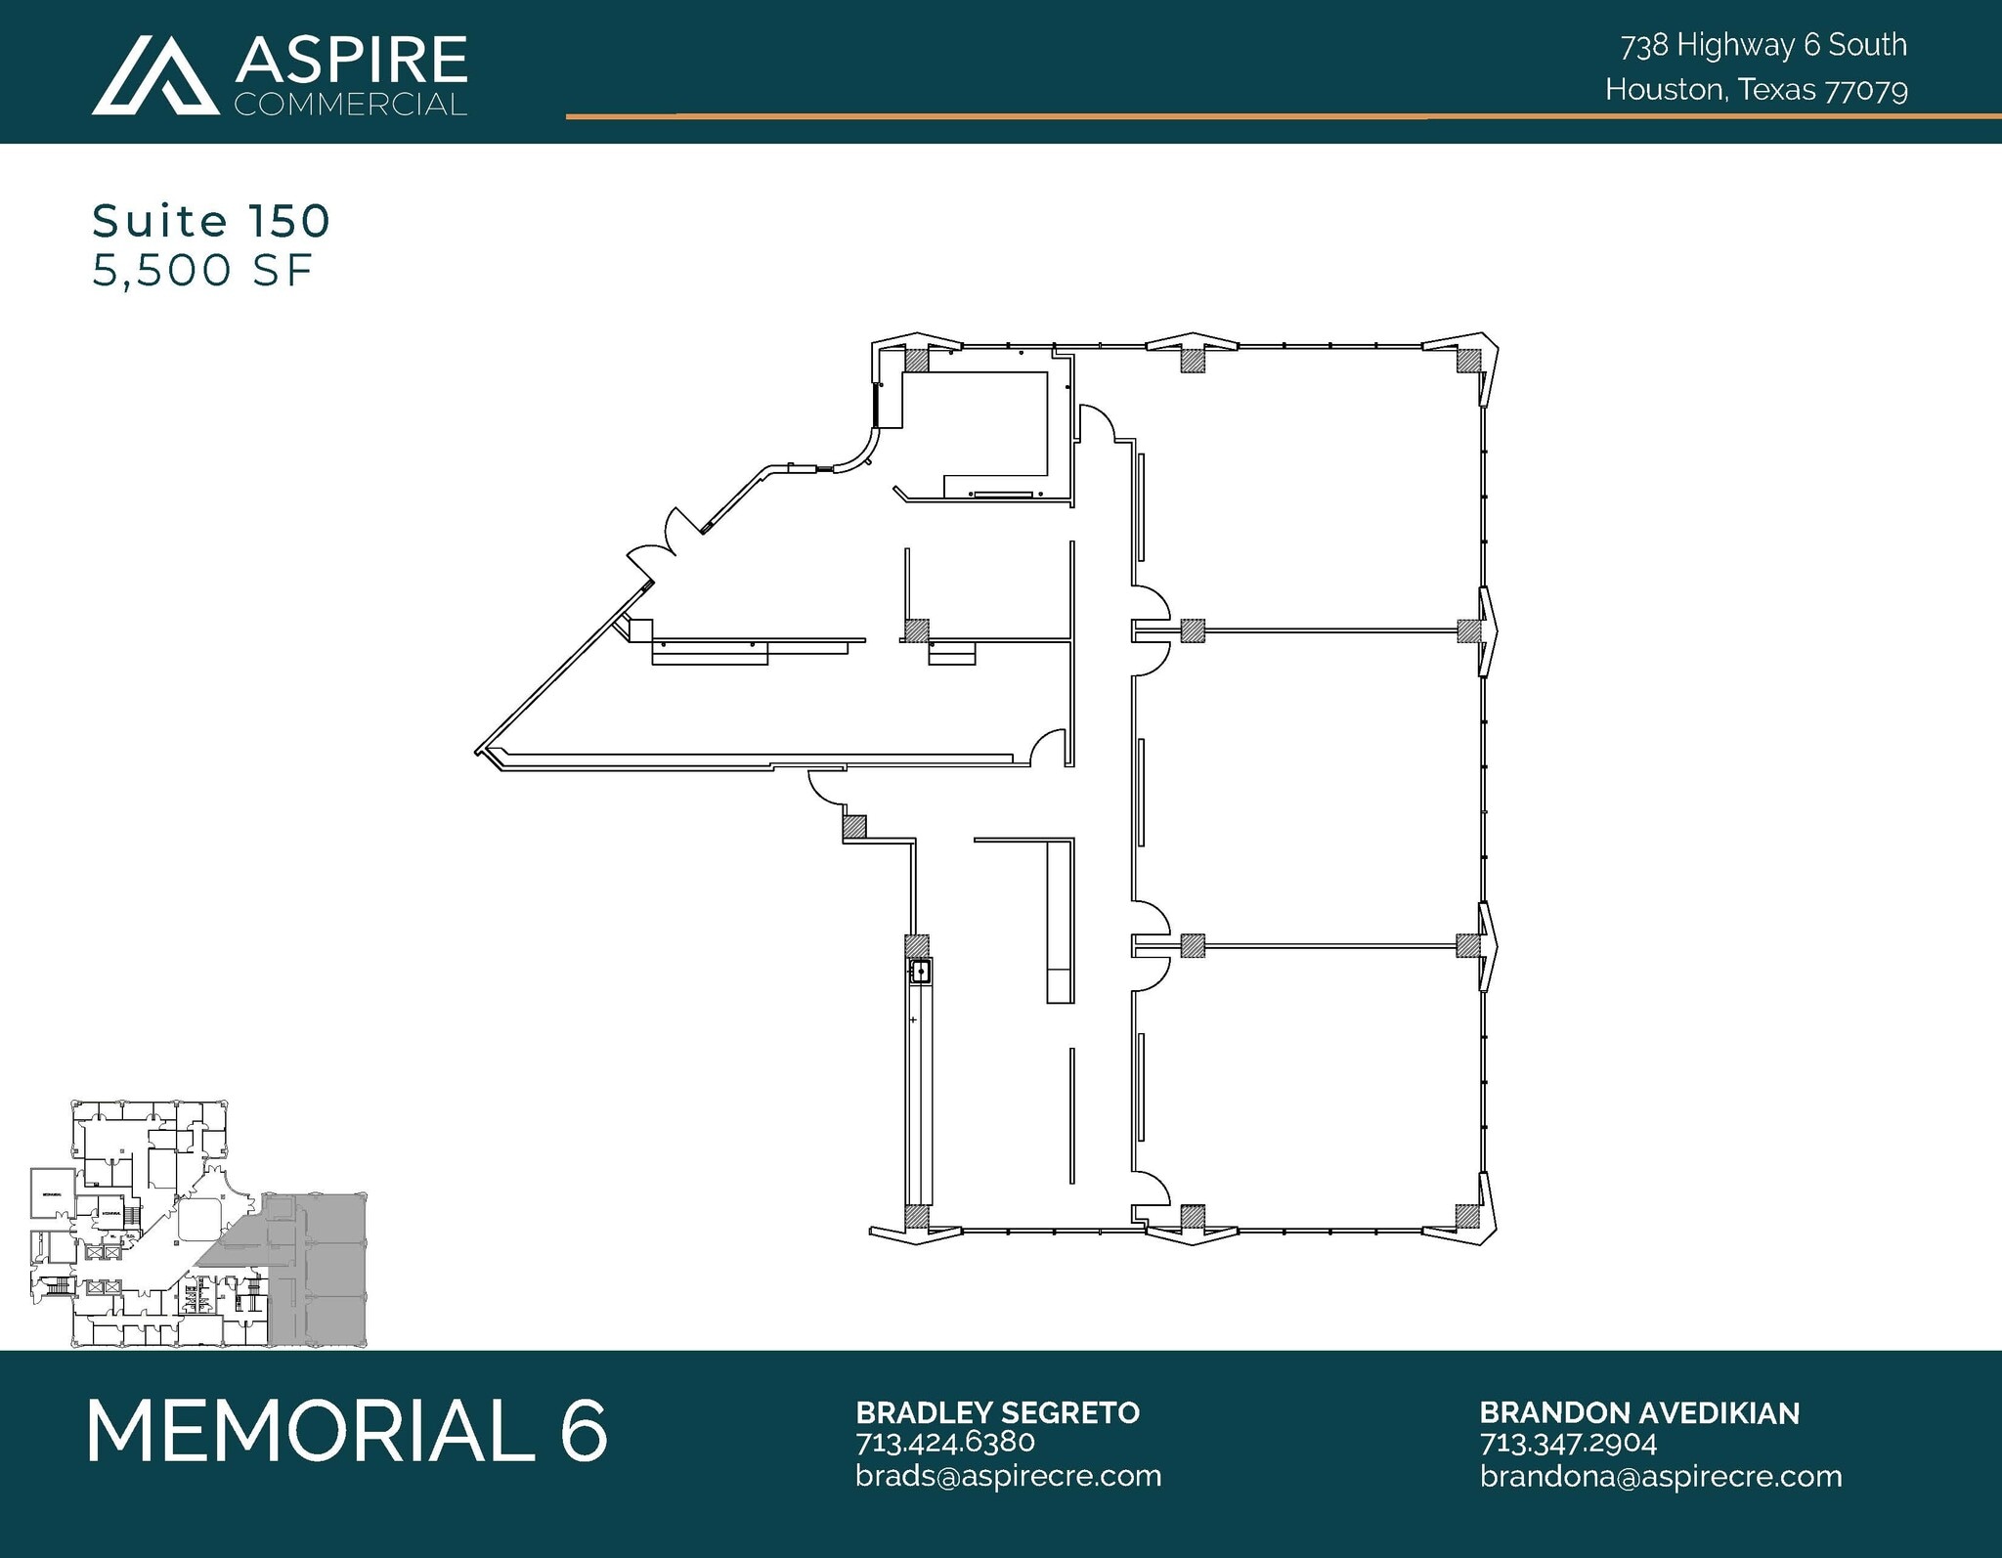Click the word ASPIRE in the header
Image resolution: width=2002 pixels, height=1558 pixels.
pos(351,61)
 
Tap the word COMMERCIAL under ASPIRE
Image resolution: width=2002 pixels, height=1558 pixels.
pos(351,105)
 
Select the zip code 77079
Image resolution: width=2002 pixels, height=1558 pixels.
pos(1866,91)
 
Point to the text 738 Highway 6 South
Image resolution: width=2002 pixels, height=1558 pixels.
pos(1763,45)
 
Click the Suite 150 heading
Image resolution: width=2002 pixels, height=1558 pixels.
pos(211,222)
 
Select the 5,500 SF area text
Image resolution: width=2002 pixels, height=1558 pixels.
pos(202,271)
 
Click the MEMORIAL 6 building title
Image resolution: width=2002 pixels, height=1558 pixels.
pos(347,1431)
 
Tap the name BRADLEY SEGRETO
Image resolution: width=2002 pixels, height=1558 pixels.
pos(997,1412)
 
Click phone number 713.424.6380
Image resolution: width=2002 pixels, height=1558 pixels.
pos(944,1443)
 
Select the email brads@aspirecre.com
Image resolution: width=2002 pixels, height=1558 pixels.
pos(1008,1475)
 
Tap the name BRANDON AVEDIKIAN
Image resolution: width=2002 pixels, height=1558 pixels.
pos(1639,1412)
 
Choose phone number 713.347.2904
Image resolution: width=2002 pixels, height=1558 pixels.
pos(1568,1443)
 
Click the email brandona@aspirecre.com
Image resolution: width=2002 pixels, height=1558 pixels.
pos(1660,1475)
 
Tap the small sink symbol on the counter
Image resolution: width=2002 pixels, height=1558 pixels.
pos(920,972)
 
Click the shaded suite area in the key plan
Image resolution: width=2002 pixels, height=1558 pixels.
pos(313,1271)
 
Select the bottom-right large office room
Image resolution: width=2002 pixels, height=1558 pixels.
pos(1310,1085)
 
